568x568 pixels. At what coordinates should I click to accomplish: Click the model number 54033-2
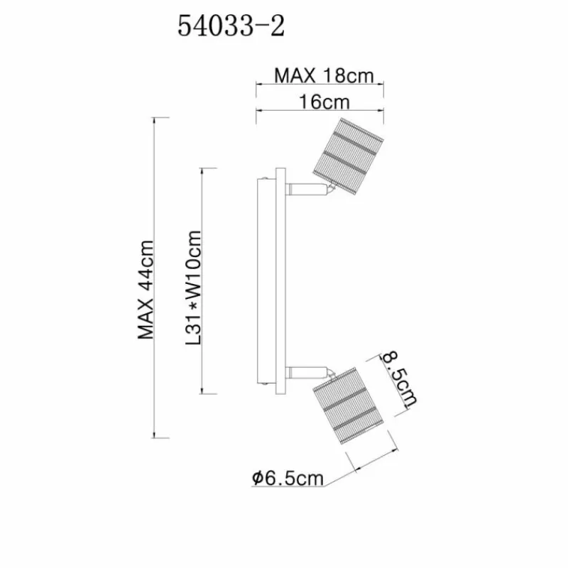point(231,26)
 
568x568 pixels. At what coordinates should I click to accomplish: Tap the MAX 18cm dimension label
point(324,76)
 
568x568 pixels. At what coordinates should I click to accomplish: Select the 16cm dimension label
point(324,102)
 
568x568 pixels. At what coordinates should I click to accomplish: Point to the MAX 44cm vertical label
point(146,290)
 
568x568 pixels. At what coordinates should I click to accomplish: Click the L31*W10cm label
point(193,288)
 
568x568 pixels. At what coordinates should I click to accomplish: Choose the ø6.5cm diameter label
point(288,478)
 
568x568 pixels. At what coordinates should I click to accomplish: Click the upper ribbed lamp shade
point(347,156)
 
